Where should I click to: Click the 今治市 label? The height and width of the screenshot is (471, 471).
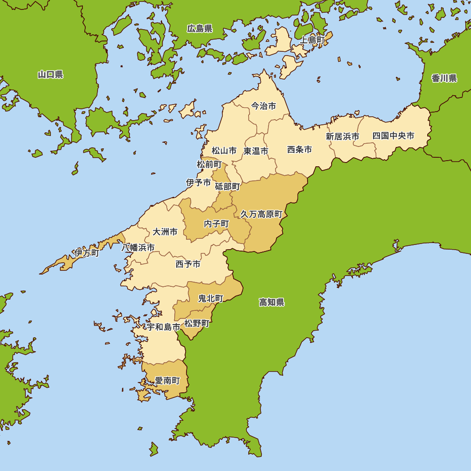click(263, 106)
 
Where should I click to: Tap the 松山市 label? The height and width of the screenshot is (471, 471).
click(224, 151)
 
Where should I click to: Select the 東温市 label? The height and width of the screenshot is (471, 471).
click(256, 151)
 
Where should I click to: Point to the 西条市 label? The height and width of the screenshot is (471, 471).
click(300, 150)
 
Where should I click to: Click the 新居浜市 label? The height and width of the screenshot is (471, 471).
click(342, 137)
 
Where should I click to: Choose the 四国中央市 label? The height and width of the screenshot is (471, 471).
click(393, 136)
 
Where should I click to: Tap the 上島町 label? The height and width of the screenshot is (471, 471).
click(312, 41)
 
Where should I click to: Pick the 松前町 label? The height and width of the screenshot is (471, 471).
click(209, 164)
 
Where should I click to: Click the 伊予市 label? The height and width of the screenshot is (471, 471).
click(198, 182)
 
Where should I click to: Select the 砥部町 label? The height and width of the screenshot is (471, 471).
click(227, 187)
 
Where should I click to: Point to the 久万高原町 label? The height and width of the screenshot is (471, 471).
click(261, 214)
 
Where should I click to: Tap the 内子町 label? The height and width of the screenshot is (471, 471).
click(216, 224)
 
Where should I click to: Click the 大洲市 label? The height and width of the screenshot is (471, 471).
click(165, 232)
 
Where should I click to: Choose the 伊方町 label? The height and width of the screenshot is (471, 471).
click(87, 253)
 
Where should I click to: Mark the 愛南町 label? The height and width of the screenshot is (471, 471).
click(168, 381)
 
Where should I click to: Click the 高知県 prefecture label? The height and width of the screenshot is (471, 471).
click(272, 302)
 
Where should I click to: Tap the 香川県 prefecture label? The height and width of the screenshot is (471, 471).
click(444, 78)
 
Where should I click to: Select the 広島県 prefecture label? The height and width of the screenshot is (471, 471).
click(200, 29)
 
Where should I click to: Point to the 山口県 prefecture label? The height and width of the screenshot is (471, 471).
click(50, 74)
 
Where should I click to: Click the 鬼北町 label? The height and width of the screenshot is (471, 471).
click(211, 298)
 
